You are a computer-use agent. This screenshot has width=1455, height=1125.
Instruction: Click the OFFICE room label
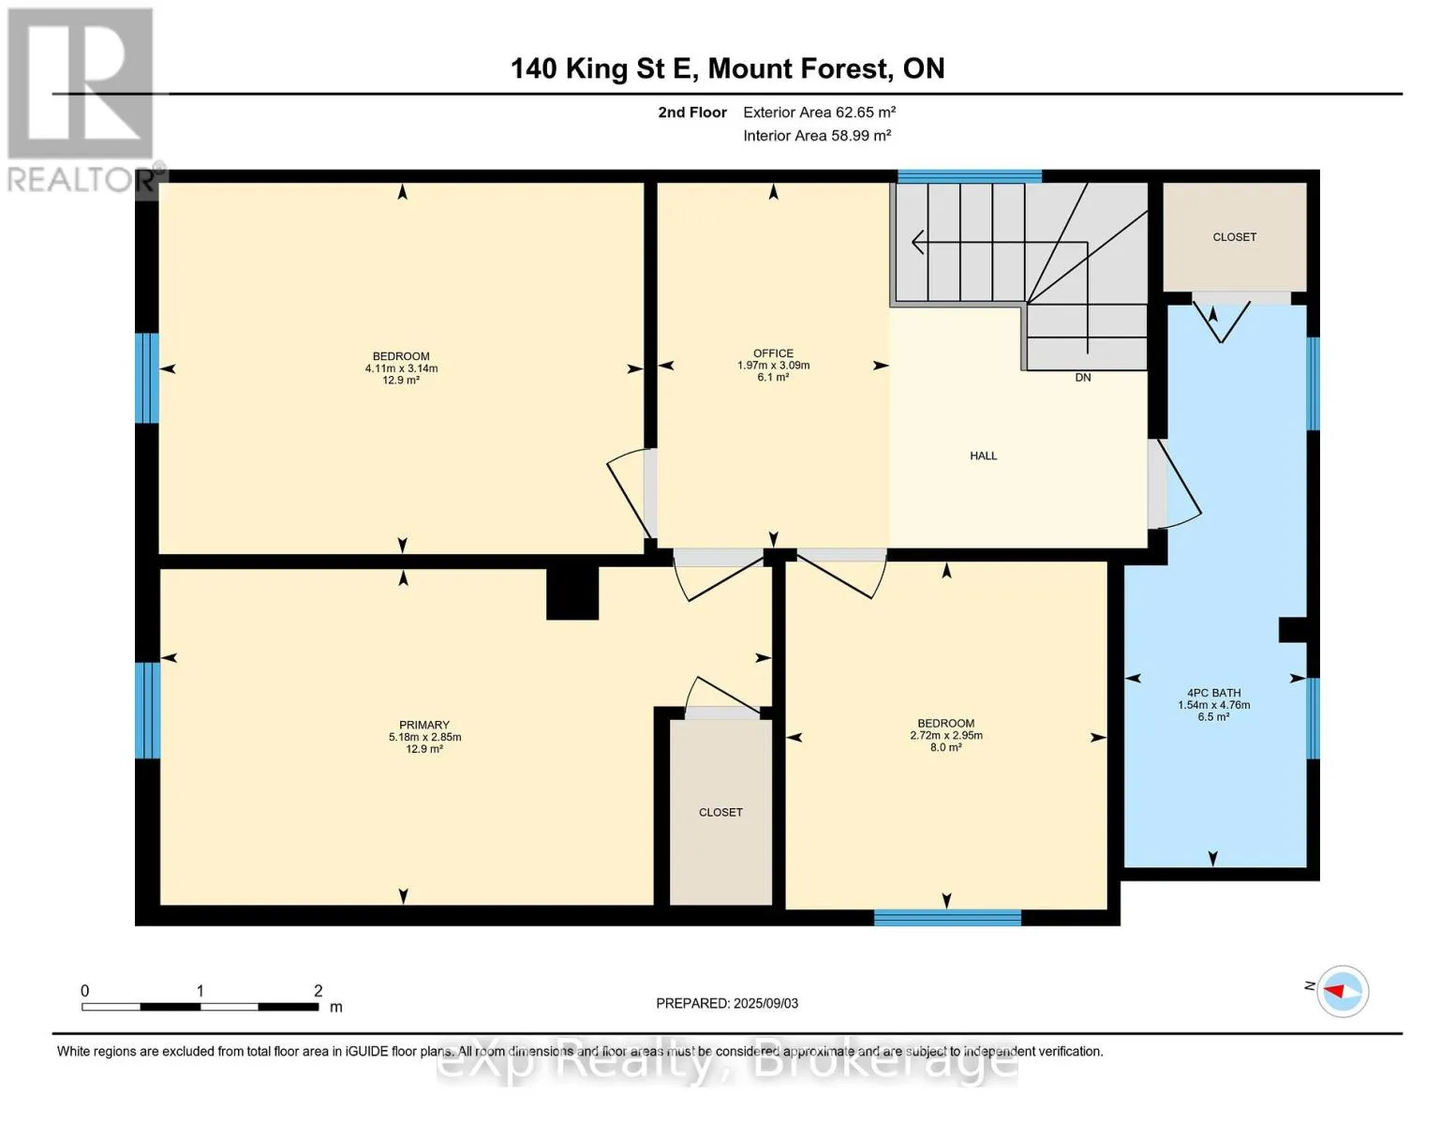point(773,353)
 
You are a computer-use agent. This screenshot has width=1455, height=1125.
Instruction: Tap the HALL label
point(983,456)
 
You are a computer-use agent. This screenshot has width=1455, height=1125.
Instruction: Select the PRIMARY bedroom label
point(423,725)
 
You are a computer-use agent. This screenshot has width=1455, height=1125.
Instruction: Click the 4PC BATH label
point(1214,693)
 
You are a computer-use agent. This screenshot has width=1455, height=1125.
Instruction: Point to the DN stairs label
point(1083,377)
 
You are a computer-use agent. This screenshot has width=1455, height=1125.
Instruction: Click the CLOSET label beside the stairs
point(1235,237)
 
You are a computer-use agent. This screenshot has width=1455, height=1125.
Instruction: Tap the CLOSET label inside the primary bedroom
point(720,812)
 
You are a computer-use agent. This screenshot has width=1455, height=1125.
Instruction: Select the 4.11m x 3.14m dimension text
point(401,368)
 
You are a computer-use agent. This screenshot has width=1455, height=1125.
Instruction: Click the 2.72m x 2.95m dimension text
point(946,735)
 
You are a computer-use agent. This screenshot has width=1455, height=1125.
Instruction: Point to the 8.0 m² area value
point(946,747)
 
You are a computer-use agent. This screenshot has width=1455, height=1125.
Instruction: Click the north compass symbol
point(1343,991)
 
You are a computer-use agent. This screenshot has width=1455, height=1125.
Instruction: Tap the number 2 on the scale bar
point(318,990)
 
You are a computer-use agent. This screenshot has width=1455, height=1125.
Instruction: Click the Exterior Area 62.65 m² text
point(820,112)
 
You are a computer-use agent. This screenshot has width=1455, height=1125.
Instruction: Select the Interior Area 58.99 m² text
point(817,135)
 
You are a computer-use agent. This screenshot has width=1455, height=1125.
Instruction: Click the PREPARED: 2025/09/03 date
point(727,1003)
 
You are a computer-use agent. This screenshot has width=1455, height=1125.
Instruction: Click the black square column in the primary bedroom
point(572,593)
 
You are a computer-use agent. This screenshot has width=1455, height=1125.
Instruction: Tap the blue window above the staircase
point(970,177)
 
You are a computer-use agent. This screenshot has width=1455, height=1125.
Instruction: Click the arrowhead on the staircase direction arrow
point(918,242)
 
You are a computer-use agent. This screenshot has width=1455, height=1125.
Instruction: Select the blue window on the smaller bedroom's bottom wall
point(947,917)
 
